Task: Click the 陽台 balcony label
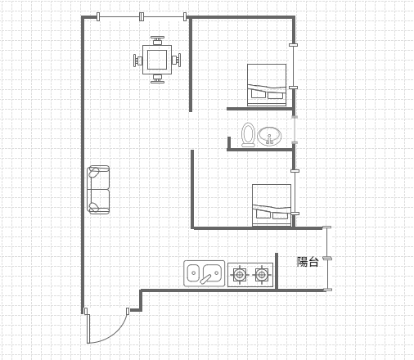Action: (308, 262)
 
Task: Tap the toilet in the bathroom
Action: (248, 135)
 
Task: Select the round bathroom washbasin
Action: (269, 136)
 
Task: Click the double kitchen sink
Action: (205, 273)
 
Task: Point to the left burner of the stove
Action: (240, 275)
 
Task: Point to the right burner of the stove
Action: (261, 275)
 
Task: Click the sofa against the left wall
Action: (98, 190)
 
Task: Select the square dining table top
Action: (157, 60)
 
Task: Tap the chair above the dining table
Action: (157, 40)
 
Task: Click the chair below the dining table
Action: (157, 79)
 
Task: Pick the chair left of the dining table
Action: (137, 61)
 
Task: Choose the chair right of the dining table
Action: (176, 60)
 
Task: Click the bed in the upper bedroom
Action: (267, 85)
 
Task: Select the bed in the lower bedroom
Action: (272, 205)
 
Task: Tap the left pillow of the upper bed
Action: (258, 94)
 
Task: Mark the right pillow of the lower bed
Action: (281, 216)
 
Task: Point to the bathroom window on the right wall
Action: (295, 130)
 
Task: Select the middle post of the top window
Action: (141, 16)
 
